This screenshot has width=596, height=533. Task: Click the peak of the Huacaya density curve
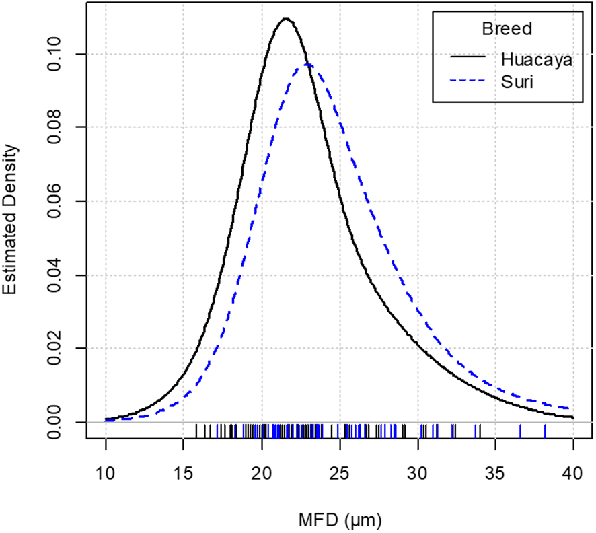[x=285, y=19]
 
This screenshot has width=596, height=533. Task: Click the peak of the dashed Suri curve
[x=307, y=65]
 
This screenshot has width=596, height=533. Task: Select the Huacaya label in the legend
[x=536, y=59]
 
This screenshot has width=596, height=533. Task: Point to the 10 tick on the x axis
[x=106, y=474]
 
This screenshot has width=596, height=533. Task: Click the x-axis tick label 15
[x=184, y=474]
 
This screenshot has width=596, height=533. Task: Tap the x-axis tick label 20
[x=262, y=474]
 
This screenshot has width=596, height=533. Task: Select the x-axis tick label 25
[x=340, y=474]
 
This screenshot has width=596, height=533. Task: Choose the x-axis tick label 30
[x=418, y=474]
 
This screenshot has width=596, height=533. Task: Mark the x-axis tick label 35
[x=496, y=474]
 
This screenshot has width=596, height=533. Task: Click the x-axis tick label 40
[x=573, y=474]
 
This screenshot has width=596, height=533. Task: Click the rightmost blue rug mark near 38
[x=545, y=431]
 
